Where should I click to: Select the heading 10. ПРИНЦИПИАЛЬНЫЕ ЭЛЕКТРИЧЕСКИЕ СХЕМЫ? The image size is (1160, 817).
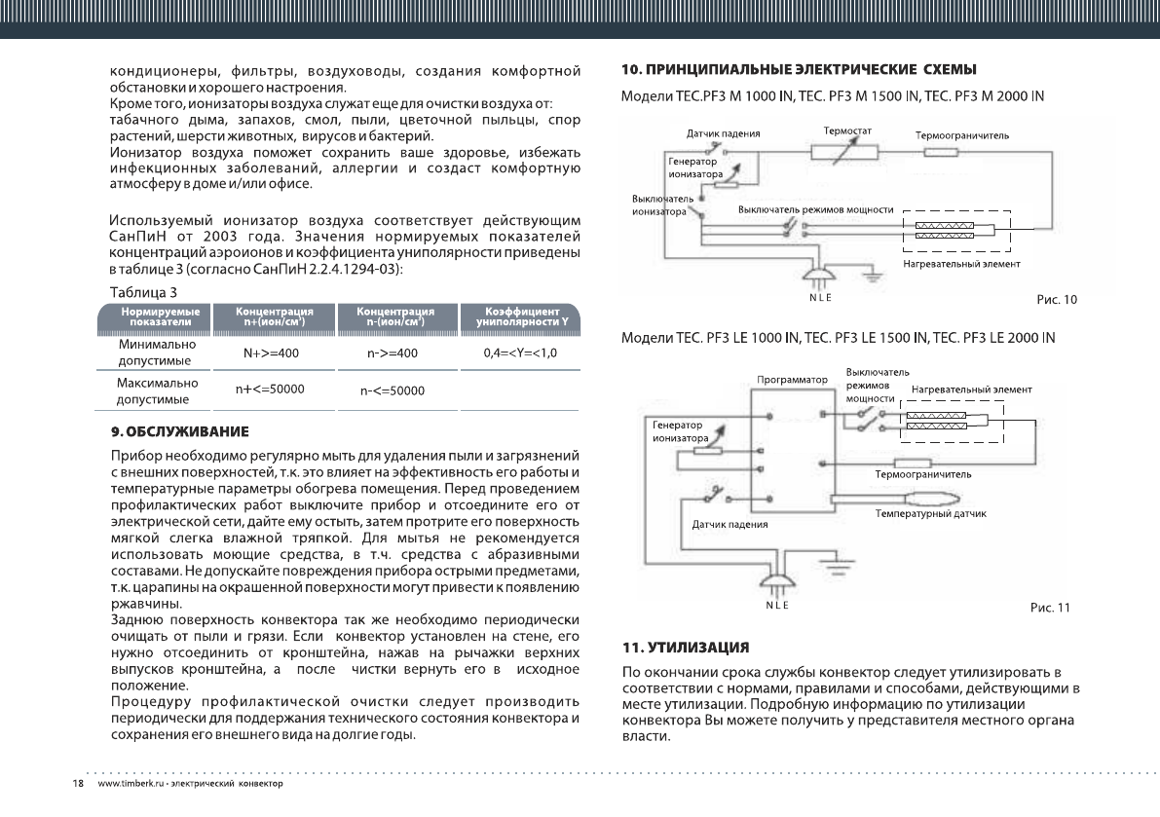click(x=799, y=69)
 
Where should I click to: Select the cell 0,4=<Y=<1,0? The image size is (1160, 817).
click(x=520, y=353)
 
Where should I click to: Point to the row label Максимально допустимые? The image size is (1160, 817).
click(x=157, y=391)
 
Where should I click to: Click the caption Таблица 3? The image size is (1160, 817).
click(x=142, y=291)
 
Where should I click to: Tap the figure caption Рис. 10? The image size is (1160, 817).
click(x=1057, y=300)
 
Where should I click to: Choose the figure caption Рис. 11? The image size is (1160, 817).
click(x=1050, y=609)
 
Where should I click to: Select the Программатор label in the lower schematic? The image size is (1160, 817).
click(x=791, y=379)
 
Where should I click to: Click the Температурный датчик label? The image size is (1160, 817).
click(x=933, y=512)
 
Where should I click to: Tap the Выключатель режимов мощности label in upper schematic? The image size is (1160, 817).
click(x=815, y=210)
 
